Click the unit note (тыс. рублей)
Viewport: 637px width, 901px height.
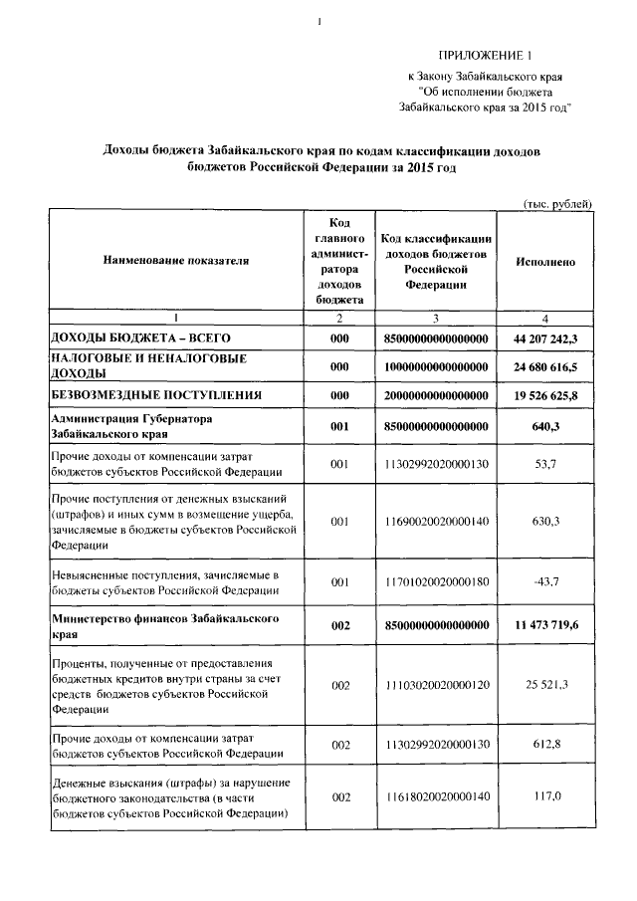click(558, 203)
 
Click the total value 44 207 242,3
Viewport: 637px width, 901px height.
click(545, 339)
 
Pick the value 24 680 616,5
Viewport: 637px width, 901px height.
click(545, 367)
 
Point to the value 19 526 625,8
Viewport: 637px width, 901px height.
click(545, 395)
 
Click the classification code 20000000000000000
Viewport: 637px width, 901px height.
click(436, 395)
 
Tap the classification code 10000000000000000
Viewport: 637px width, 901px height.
click(436, 367)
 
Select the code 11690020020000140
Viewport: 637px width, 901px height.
click(436, 521)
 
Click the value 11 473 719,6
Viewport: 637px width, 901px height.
click(545, 625)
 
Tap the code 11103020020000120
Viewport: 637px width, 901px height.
click(436, 685)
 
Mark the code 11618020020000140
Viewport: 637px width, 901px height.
click(436, 797)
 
